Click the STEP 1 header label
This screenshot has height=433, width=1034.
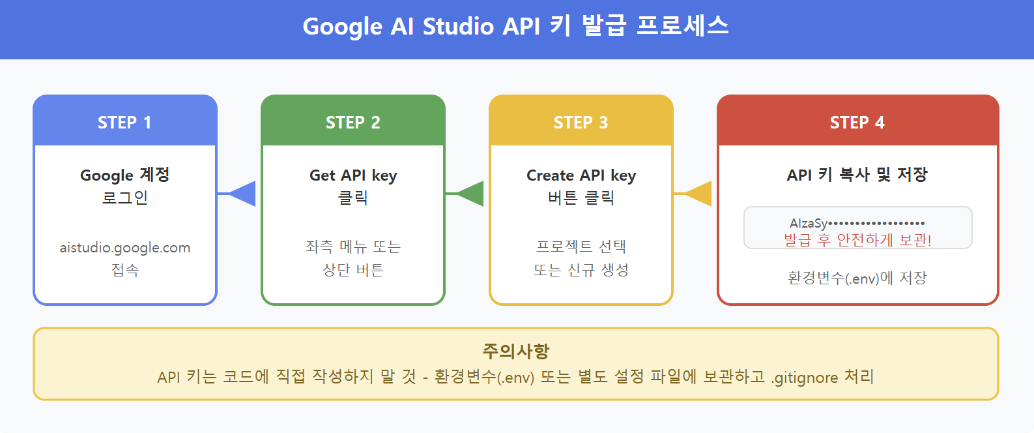click(124, 123)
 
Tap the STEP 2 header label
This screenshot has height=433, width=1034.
click(352, 123)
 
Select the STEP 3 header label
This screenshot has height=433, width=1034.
click(581, 123)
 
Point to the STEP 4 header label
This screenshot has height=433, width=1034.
click(857, 123)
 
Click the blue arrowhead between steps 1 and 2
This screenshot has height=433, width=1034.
click(243, 194)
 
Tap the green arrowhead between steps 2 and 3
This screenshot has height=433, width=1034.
click(471, 194)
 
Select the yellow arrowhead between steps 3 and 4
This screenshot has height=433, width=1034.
click(699, 194)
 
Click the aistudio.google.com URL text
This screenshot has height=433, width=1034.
click(125, 248)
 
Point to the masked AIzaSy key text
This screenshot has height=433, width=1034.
click(857, 223)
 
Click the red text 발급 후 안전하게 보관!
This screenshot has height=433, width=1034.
click(857, 240)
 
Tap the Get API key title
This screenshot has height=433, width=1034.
click(352, 175)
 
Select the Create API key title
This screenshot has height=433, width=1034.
click(581, 175)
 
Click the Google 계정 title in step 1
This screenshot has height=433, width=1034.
click(124, 175)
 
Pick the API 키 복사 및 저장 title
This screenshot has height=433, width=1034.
click(857, 175)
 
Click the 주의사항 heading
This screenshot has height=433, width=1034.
click(515, 351)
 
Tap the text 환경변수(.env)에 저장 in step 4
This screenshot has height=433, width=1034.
click(857, 278)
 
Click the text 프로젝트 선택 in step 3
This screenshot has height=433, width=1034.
click(581, 246)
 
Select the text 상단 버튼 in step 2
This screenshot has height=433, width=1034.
click(352, 270)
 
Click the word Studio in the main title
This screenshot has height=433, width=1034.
click(458, 27)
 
